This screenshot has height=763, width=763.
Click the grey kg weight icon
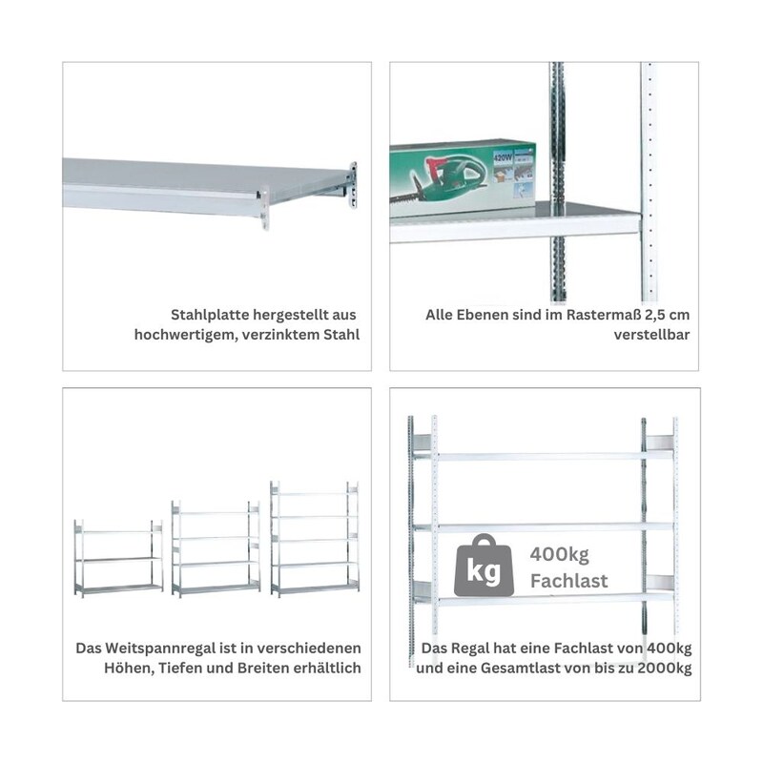tap(484, 566)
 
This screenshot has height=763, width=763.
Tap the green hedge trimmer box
tap(463, 179)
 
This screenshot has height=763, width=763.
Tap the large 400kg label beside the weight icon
tap(559, 554)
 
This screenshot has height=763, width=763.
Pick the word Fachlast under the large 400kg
tap(568, 581)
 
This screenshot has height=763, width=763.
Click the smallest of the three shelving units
tap(118, 558)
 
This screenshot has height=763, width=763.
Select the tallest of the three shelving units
tap(315, 539)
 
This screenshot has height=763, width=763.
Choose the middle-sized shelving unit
tap(216, 549)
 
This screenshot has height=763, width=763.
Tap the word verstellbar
tap(651, 335)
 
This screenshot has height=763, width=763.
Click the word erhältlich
tap(327, 669)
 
